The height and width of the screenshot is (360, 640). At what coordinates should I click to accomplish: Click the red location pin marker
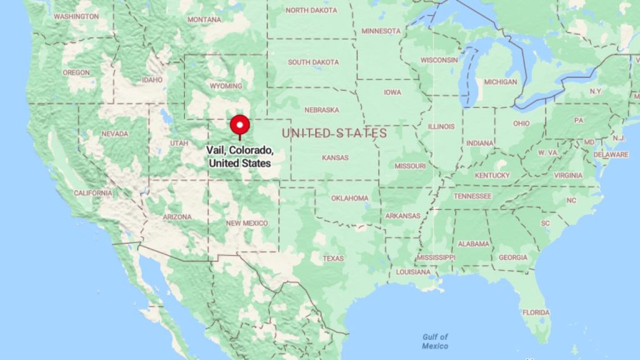click(239, 125)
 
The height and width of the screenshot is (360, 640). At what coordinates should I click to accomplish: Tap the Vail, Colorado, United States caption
click(240, 157)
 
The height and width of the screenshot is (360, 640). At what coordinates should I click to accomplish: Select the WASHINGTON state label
click(76, 16)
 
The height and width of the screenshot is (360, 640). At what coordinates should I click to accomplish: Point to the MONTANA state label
click(204, 19)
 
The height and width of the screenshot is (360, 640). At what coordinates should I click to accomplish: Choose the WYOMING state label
click(226, 86)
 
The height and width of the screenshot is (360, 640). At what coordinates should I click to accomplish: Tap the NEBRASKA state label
click(322, 110)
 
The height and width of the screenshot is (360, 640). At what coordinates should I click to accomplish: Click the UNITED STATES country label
click(334, 133)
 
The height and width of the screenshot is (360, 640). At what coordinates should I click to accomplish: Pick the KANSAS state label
click(335, 158)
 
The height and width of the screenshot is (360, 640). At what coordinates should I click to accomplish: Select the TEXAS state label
click(333, 258)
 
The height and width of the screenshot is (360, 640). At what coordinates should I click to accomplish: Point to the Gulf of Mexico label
click(435, 341)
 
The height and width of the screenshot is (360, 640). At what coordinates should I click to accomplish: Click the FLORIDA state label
click(536, 312)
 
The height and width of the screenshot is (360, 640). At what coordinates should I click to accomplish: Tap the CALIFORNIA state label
click(92, 193)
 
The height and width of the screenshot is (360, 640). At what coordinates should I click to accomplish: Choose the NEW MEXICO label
click(247, 223)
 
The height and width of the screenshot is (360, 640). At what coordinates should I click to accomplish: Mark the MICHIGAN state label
click(501, 82)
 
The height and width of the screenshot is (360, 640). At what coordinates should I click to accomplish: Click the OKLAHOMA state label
click(350, 198)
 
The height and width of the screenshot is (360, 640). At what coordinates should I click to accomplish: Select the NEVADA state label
click(115, 134)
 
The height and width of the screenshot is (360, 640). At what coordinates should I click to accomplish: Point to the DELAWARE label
click(611, 154)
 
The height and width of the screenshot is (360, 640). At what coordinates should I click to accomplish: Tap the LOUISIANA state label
click(413, 272)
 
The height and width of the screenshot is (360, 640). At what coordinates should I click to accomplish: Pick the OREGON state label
click(76, 72)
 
